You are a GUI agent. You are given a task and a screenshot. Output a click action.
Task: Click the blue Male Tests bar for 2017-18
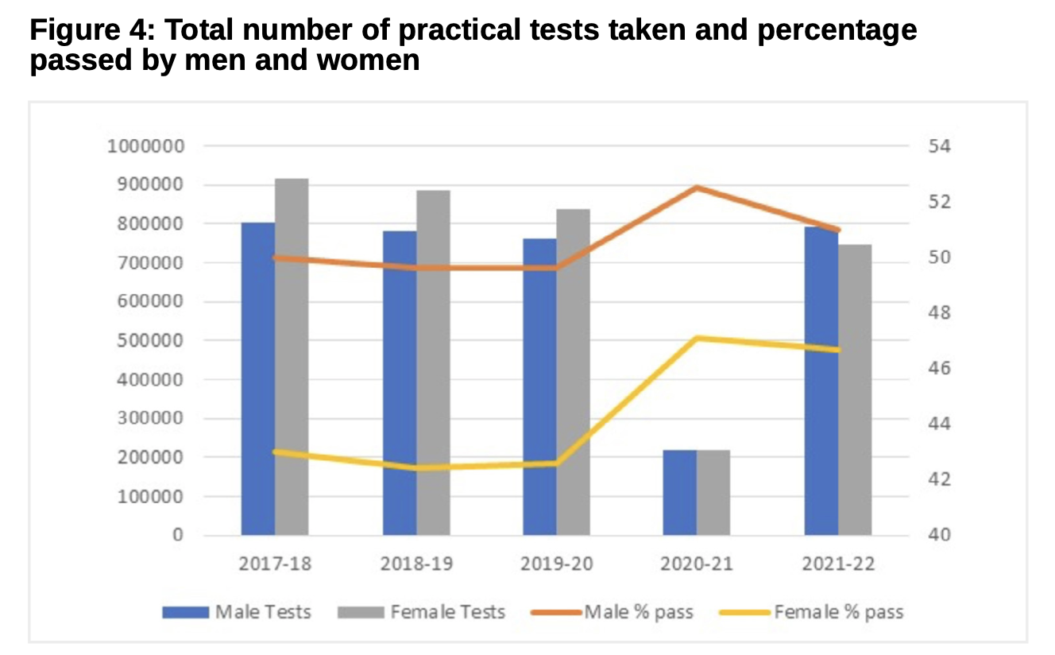[258, 378]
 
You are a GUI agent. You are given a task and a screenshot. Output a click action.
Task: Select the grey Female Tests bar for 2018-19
[433, 362]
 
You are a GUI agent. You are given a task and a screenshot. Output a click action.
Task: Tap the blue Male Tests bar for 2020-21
[679, 493]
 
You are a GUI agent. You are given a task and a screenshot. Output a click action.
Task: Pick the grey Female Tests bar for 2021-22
[855, 390]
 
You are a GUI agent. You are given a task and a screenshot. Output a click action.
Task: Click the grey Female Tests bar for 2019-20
[573, 372]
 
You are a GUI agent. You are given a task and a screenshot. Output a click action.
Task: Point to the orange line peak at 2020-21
[697, 188]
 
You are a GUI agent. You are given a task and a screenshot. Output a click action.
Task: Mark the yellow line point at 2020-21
[697, 339]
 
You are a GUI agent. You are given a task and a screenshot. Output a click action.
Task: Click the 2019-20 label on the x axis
[556, 564]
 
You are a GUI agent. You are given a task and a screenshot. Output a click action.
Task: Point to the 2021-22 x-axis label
[837, 564]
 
